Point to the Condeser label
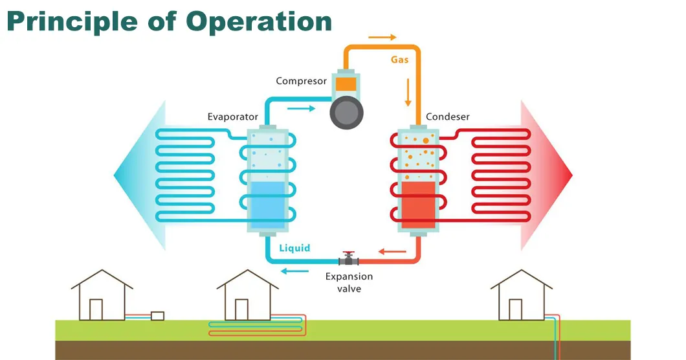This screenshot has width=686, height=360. click(x=448, y=117)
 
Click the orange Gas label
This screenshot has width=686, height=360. click(x=399, y=60)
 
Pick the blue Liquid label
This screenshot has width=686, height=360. click(x=294, y=248)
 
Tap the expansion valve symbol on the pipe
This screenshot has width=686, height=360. click(x=349, y=260)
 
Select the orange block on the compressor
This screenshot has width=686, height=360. click(x=346, y=84)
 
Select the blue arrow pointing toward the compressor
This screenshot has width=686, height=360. click(x=300, y=108)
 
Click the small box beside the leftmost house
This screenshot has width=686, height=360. click(x=157, y=316)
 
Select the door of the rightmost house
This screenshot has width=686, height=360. click(x=515, y=309)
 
